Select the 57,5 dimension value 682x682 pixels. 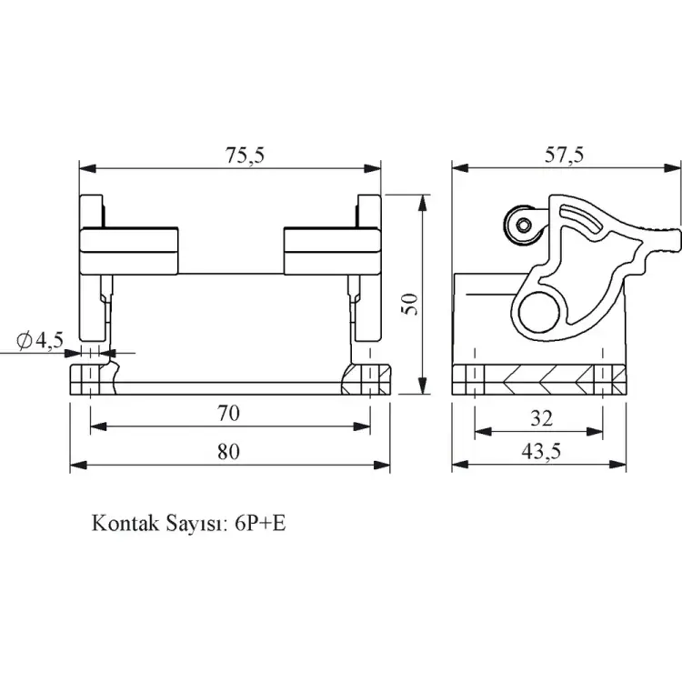[564, 155]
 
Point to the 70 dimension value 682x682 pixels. [228, 414]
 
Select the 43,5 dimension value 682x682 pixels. [538, 453]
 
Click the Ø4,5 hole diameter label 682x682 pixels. [40, 340]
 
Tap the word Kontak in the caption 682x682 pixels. [124, 525]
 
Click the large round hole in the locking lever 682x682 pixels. [543, 312]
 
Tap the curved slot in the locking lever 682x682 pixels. [585, 221]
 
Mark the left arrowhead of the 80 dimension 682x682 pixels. [75, 465]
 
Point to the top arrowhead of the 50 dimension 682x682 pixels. [421, 199]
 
